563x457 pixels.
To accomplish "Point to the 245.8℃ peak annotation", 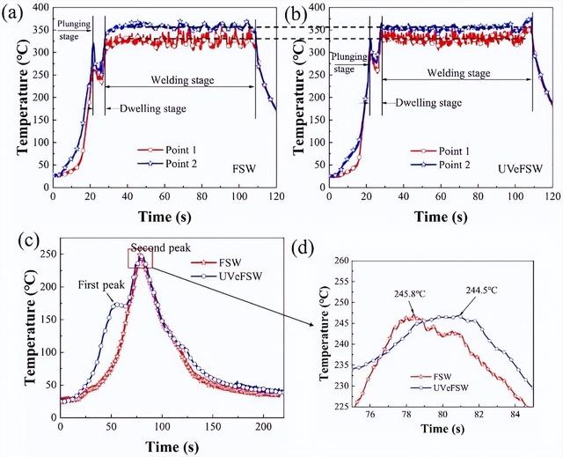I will pos(409,296).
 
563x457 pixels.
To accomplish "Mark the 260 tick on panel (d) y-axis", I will pos(340,262).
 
